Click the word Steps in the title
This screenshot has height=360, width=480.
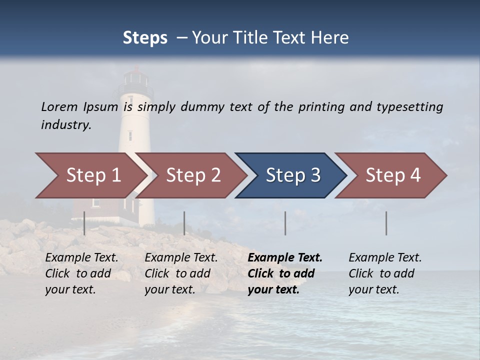point(145,38)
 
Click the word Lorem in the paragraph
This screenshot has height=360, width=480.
point(59,106)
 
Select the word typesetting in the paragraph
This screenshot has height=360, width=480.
point(409,107)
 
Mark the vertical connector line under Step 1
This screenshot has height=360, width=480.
point(84,223)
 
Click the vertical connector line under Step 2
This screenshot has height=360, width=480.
point(184,223)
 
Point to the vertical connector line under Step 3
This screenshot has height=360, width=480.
point(285,223)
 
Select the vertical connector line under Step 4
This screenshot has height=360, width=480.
point(386,223)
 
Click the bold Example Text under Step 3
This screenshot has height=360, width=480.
point(285,258)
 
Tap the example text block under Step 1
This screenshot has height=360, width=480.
point(81,273)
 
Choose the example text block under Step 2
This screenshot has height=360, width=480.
point(181,273)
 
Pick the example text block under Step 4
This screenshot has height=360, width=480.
point(385,273)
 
